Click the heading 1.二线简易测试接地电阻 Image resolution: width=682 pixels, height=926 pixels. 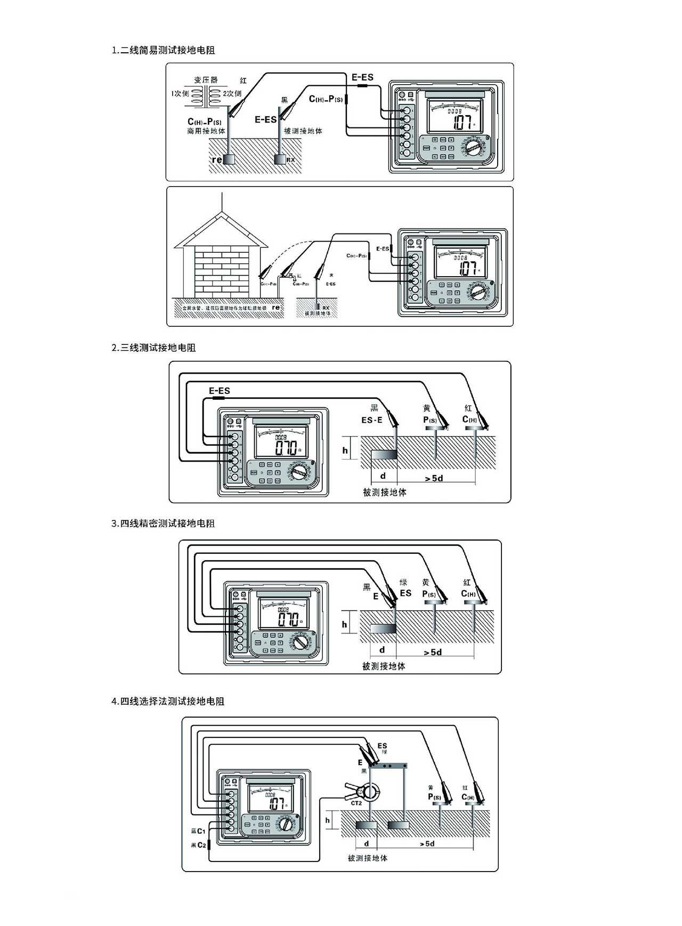(163, 50)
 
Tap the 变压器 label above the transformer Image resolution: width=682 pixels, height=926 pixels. (206, 80)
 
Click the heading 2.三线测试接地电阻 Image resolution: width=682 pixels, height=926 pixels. (153, 348)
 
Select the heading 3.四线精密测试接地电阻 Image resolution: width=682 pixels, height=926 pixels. (163, 524)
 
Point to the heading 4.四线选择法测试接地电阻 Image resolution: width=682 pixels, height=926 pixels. (168, 701)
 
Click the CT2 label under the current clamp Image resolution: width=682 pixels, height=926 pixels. (356, 803)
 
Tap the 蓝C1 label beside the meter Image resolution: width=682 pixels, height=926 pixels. (198, 831)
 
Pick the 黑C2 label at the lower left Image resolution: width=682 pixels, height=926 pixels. (198, 845)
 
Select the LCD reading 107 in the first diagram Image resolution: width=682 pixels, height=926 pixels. (462, 123)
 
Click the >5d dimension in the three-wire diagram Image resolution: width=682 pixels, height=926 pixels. (434, 478)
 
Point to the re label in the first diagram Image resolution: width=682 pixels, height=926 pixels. (217, 159)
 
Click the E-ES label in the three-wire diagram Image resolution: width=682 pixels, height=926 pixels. (219, 391)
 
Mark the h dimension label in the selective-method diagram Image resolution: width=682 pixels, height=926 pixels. (328, 820)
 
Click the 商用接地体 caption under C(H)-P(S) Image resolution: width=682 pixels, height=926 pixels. (206, 131)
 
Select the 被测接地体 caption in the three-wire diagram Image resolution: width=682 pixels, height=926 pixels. (384, 492)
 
